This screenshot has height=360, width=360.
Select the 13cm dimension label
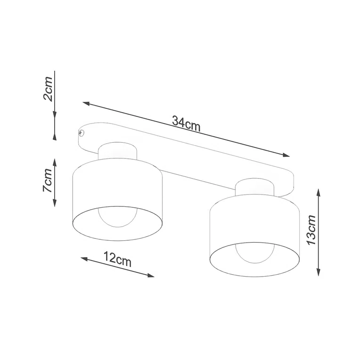click(x=311, y=230)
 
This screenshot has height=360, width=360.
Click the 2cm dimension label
click(x=48, y=90)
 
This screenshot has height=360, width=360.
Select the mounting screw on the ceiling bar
click(x=82, y=133)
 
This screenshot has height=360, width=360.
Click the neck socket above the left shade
click(x=118, y=151)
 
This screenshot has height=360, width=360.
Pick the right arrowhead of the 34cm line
click(x=287, y=155)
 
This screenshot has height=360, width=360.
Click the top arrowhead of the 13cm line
click(x=319, y=192)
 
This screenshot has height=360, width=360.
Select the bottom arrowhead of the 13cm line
click(x=319, y=273)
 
